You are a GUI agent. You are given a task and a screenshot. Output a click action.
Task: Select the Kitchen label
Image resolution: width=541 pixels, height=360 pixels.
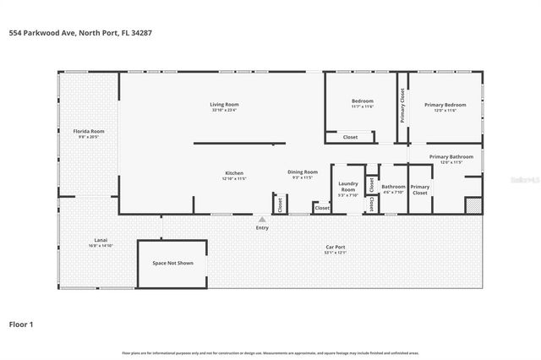click(233, 172)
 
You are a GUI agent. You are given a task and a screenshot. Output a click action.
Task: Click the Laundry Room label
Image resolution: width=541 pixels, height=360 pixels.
click(348, 186)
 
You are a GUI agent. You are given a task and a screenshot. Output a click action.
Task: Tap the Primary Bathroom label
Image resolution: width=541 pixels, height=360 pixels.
click(451, 156)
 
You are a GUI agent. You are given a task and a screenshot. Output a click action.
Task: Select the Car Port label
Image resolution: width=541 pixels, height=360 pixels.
click(336, 248)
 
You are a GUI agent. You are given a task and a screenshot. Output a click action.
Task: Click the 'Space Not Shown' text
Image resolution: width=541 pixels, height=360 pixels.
click(173, 263)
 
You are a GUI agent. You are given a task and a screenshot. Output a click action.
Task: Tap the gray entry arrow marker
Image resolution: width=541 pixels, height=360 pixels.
click(262, 219)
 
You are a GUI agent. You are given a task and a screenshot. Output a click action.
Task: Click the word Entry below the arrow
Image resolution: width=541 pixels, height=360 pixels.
click(262, 227)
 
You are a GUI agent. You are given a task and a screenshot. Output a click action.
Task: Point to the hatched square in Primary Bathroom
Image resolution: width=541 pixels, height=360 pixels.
click(473, 205)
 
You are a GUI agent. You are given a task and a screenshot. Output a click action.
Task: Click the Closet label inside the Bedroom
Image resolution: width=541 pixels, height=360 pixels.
click(350, 137)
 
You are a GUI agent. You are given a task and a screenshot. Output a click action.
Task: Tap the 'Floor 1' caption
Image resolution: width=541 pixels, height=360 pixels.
click(21, 323)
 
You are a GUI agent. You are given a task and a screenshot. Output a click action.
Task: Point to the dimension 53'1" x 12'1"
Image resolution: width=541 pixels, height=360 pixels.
click(336, 254)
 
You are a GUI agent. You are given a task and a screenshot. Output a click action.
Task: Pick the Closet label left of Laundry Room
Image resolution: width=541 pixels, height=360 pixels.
click(322, 208)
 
